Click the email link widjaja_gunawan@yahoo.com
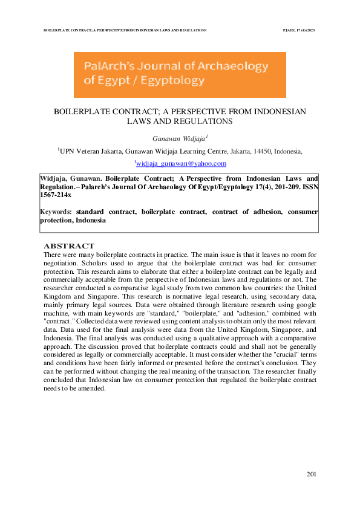click(x=182, y=164)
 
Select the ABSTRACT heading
click(x=69, y=246)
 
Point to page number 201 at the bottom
click(x=312, y=473)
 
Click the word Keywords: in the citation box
click(x=56, y=212)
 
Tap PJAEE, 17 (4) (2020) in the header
click(x=299, y=29)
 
